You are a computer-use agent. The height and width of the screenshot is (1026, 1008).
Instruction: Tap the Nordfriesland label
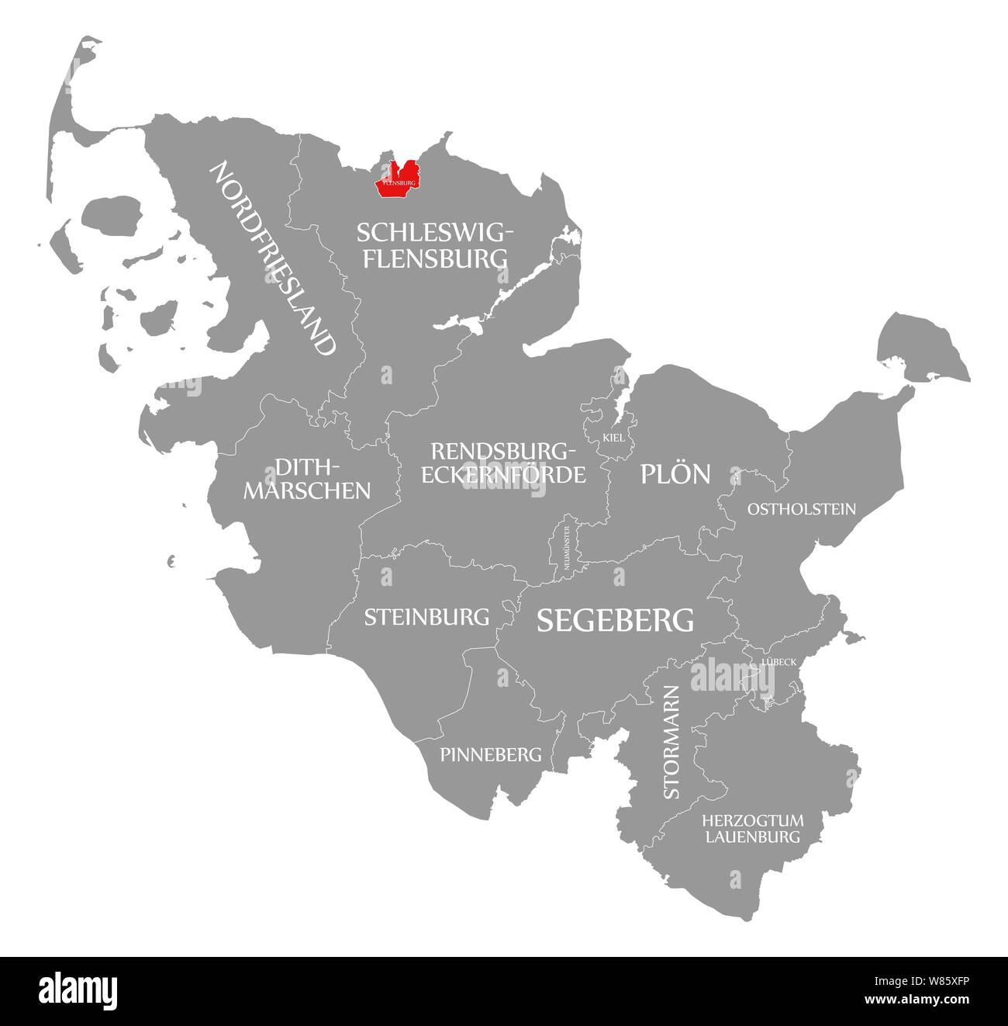(x=274, y=258)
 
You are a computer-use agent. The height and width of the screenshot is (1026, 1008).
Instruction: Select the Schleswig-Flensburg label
(x=433, y=244)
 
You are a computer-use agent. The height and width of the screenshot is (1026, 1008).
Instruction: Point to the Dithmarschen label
(x=307, y=478)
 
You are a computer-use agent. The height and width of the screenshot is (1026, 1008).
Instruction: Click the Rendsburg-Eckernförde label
(x=503, y=463)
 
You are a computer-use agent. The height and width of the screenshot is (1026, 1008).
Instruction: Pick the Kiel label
(x=613, y=438)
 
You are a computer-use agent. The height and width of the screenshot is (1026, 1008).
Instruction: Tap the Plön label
(x=675, y=473)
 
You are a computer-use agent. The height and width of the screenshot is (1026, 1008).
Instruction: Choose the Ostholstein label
(x=801, y=509)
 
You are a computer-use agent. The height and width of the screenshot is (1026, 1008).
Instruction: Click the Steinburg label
(x=426, y=617)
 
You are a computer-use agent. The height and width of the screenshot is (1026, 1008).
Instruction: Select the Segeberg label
(x=615, y=619)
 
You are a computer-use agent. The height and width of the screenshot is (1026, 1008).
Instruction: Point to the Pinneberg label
(x=490, y=754)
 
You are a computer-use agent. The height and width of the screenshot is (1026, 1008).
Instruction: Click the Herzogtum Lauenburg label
(x=751, y=829)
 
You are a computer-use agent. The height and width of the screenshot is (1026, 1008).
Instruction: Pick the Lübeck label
(x=778, y=661)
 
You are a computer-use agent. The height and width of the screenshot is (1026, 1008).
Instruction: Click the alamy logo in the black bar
(x=79, y=990)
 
